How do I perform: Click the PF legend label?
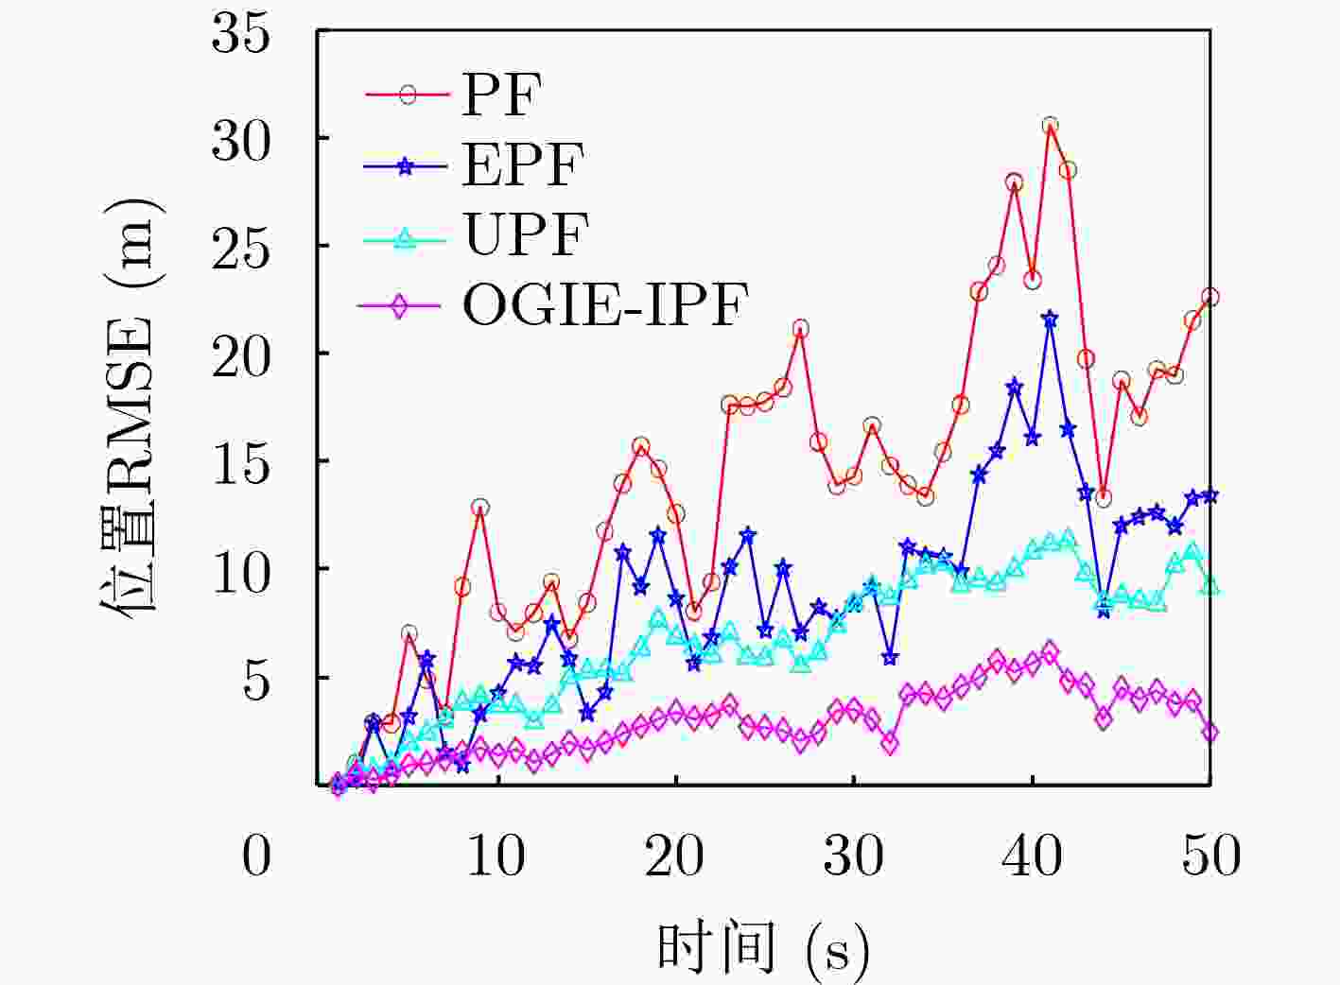point(500,94)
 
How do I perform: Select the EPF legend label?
point(522,164)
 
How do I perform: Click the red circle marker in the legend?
point(408,95)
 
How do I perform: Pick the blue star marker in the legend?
point(406,165)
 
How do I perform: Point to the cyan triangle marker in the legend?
point(406,237)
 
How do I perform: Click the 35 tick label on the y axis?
point(241,35)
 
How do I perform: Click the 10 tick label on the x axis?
point(496,855)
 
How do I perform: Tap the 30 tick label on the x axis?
point(854,855)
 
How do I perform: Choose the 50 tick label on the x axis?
point(1211,855)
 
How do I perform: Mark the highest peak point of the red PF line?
point(1050,126)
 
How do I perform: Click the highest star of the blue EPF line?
point(1050,320)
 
